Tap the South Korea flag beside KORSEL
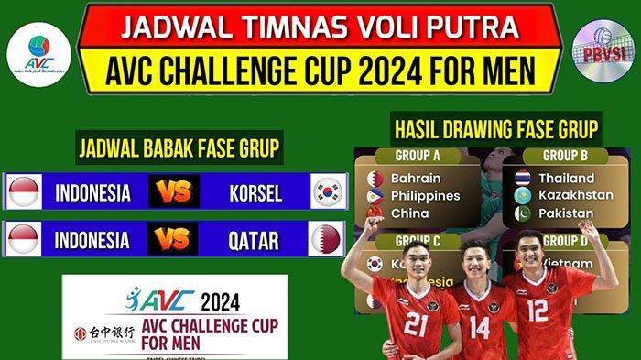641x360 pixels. point(326,191)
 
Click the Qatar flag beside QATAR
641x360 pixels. point(326,239)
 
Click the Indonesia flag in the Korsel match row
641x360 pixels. point(23,192)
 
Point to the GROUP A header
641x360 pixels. point(417,156)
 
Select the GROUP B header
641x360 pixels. point(565,156)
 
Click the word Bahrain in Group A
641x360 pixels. point(416,178)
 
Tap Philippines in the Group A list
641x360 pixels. point(425,195)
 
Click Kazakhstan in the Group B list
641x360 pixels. point(576,195)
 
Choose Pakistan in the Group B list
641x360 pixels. point(565,213)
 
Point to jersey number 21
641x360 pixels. point(415,323)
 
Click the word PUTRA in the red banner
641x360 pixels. point(487,25)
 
